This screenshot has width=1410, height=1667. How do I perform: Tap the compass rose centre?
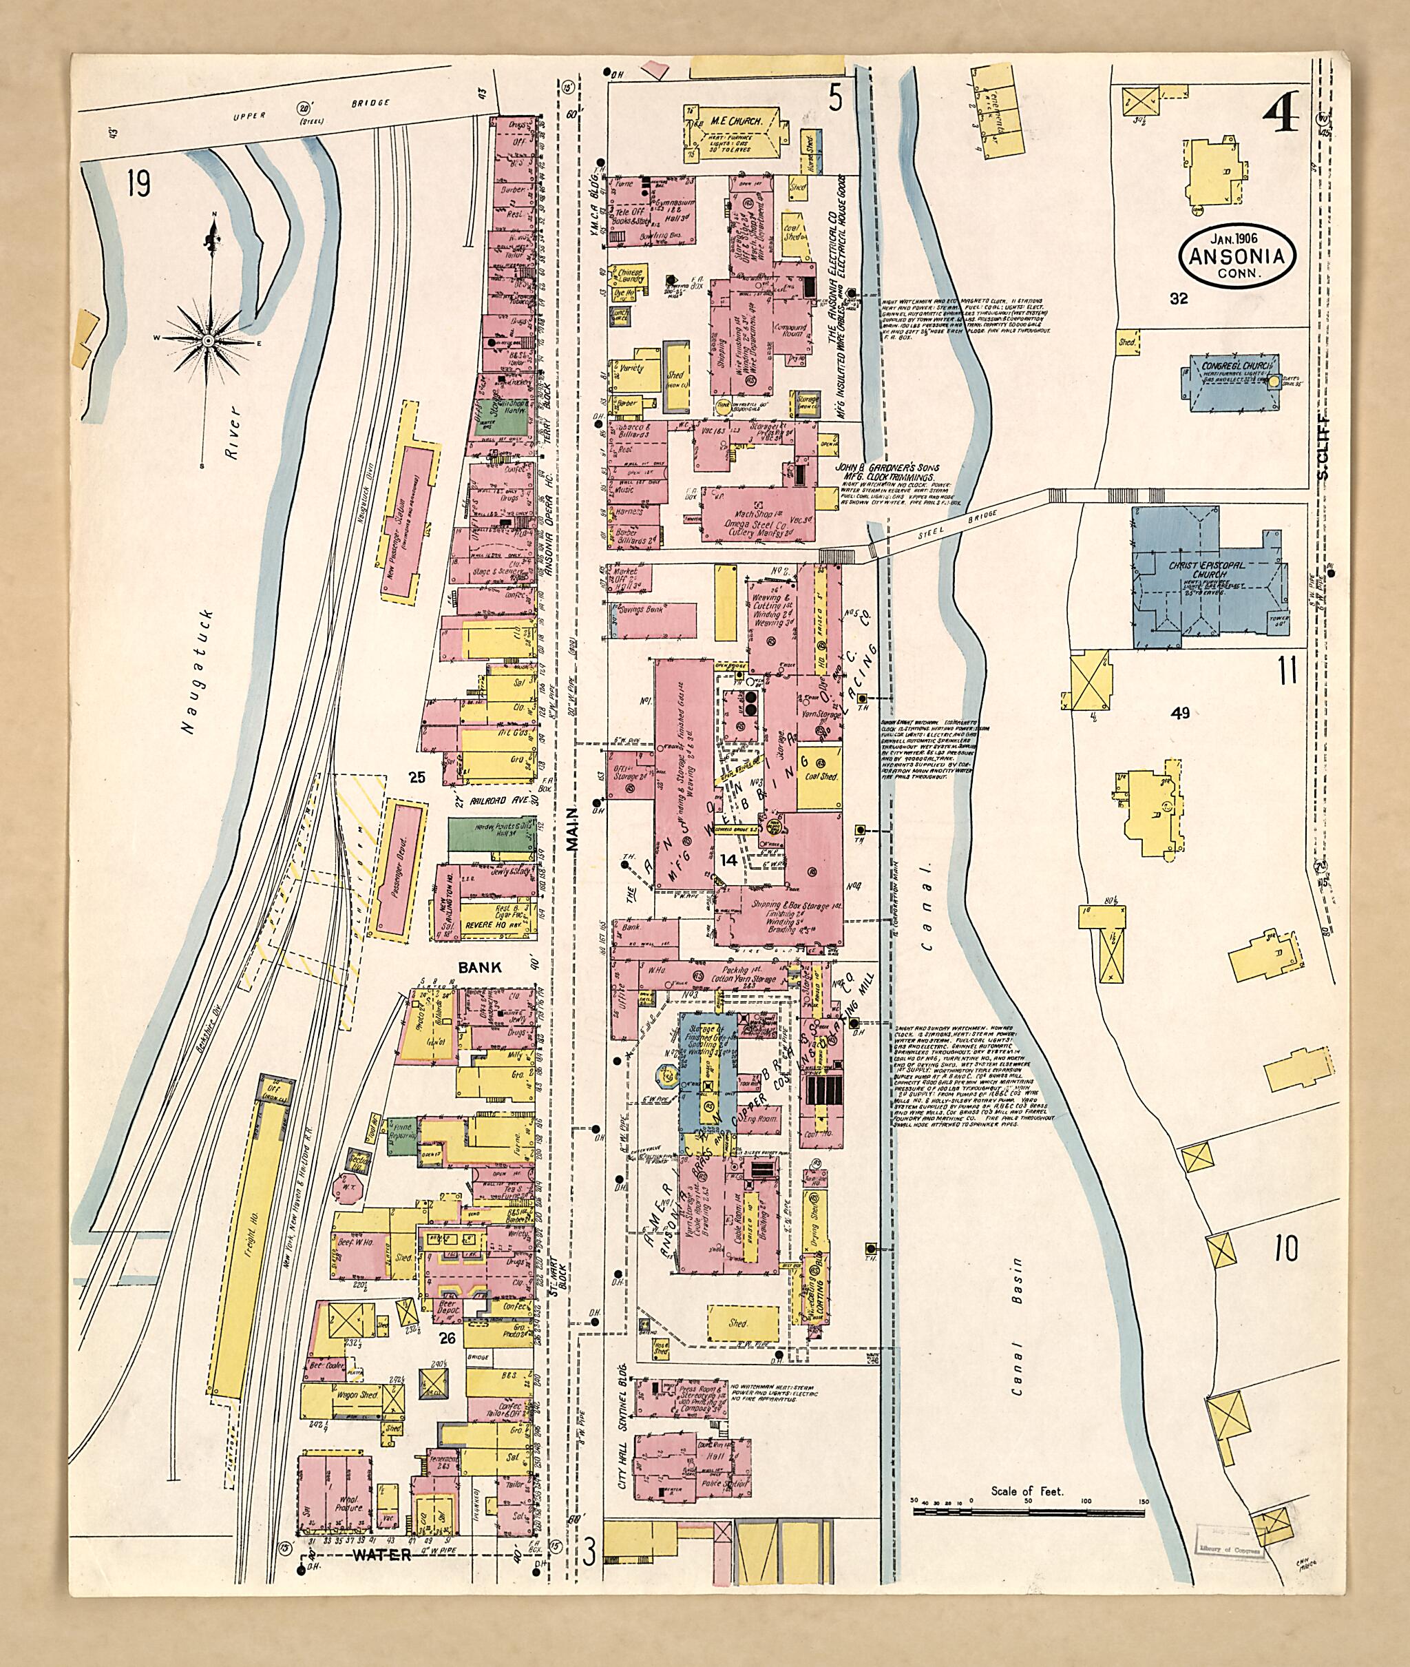point(209,340)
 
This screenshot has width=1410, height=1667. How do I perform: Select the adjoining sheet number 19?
point(138,184)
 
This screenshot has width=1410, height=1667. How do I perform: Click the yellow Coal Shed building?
point(819,776)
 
